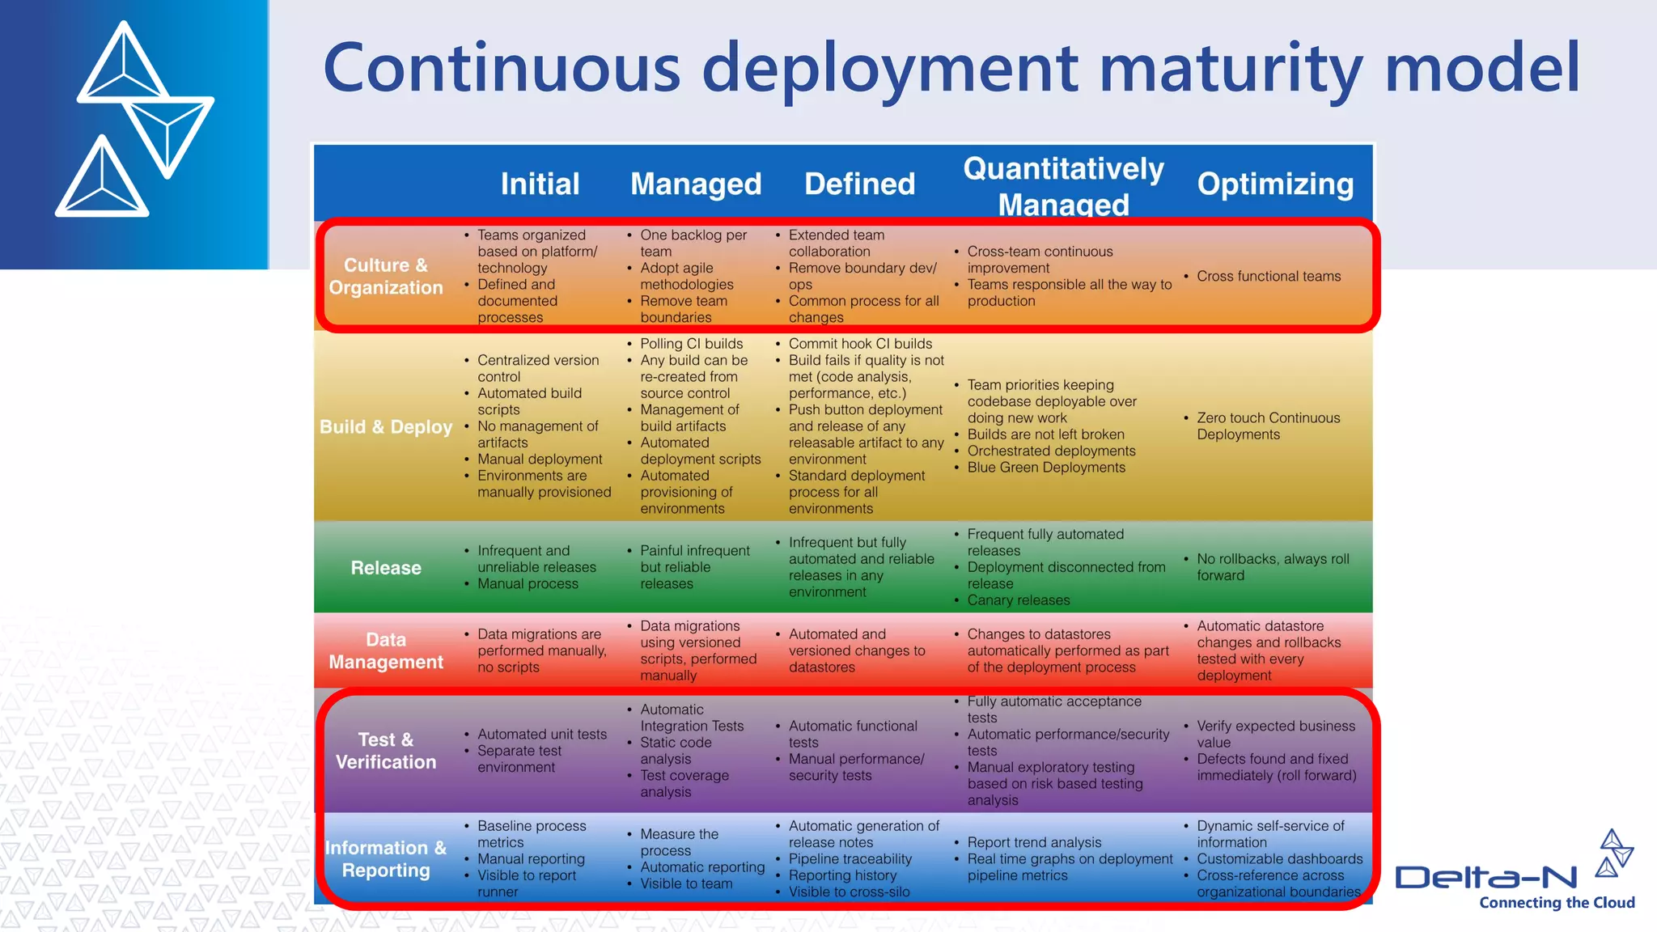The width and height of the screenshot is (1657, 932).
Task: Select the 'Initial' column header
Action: coord(540,184)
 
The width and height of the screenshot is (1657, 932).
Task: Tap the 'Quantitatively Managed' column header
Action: coord(1063,186)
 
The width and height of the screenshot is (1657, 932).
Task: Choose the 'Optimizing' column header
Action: coord(1275,184)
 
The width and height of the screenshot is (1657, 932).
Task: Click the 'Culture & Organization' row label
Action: coord(386,276)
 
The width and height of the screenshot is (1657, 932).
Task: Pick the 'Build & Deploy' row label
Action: coord(386,426)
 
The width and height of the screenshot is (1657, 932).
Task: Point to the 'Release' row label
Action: coord(386,568)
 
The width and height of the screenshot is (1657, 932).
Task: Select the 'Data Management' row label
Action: coord(386,650)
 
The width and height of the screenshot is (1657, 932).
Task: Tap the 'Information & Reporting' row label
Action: coord(386,858)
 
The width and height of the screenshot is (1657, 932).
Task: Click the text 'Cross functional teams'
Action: coord(1268,276)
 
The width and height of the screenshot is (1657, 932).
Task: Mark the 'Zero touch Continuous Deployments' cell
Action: coord(1268,426)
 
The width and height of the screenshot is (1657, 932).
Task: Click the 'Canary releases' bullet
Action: coord(1018,600)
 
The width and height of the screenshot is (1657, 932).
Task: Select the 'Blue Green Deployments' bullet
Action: coord(1045,468)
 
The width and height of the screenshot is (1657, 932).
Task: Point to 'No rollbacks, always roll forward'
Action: coord(1272,567)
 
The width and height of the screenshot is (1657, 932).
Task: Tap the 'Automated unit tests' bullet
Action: coord(541,734)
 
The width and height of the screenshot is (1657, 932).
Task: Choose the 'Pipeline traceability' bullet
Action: coord(850,858)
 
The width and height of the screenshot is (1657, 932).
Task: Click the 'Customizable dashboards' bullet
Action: coord(1279,858)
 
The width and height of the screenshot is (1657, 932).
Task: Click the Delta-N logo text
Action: coord(1486,877)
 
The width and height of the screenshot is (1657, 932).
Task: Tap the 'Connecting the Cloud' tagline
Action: coord(1557,903)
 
